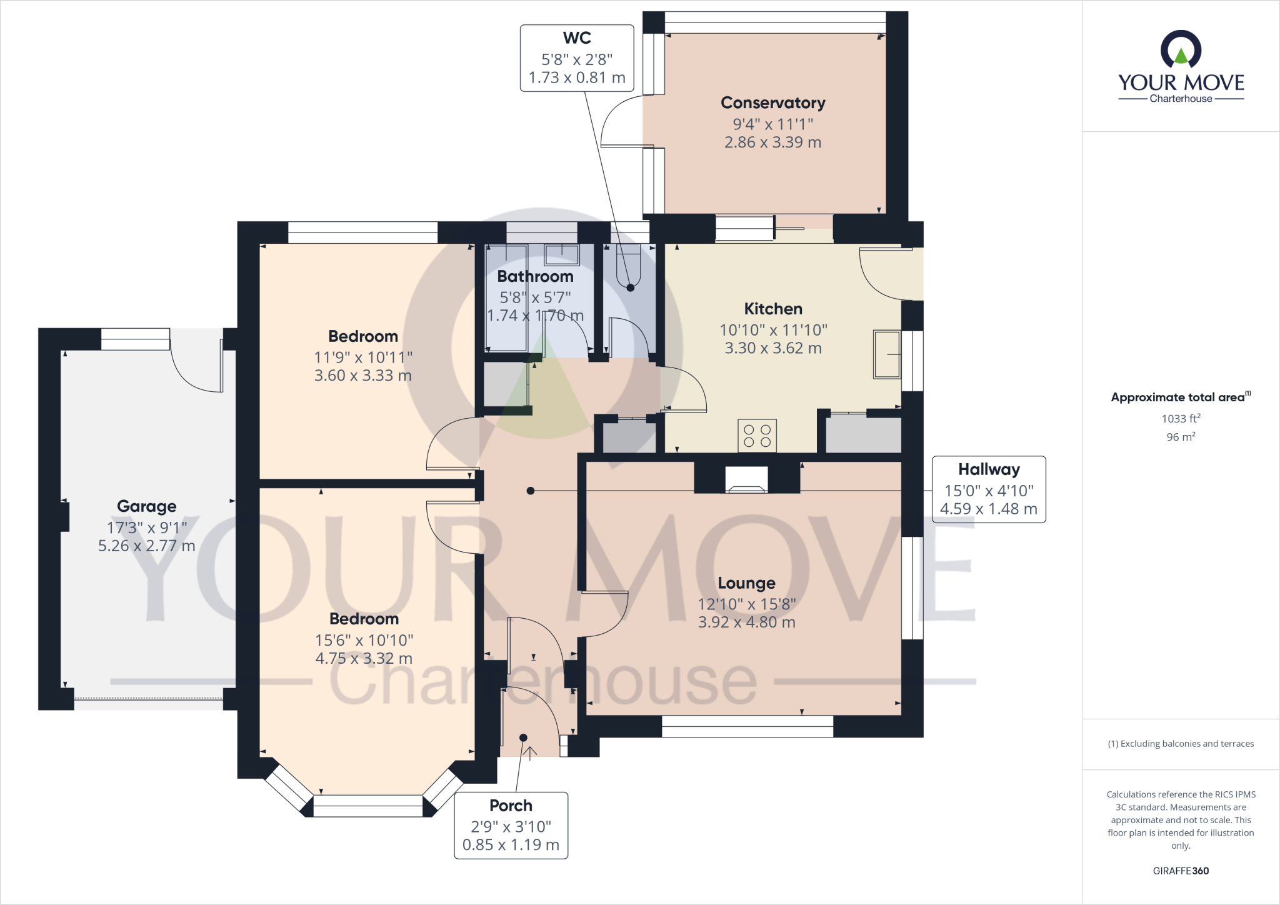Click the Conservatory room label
[x=772, y=102]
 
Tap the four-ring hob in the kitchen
[x=757, y=436]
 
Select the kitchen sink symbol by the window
[x=887, y=354]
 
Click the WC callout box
[x=576, y=58]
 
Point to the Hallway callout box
[x=988, y=489]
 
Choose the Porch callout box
[x=511, y=825]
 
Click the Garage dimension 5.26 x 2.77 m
[x=146, y=546]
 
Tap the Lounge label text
[x=746, y=583]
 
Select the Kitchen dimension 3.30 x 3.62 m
[x=772, y=348]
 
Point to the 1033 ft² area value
[x=1180, y=419]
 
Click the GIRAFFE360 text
[x=1180, y=871]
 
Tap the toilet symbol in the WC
[x=628, y=266]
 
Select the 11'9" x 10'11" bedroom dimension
[x=363, y=357]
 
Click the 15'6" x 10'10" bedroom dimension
[x=364, y=640]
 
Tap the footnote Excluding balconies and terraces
[x=1180, y=744]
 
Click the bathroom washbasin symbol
[x=561, y=254]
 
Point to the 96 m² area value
[x=1180, y=437]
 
